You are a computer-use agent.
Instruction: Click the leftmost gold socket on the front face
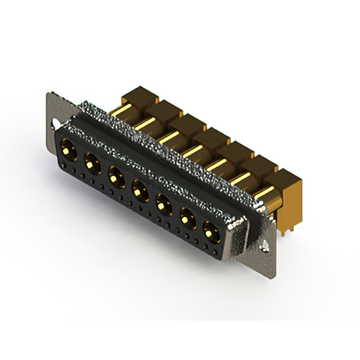point(69,151)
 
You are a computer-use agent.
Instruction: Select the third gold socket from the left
point(115,177)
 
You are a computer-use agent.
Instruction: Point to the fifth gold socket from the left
point(163,203)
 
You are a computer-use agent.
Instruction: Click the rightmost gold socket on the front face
point(210,229)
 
